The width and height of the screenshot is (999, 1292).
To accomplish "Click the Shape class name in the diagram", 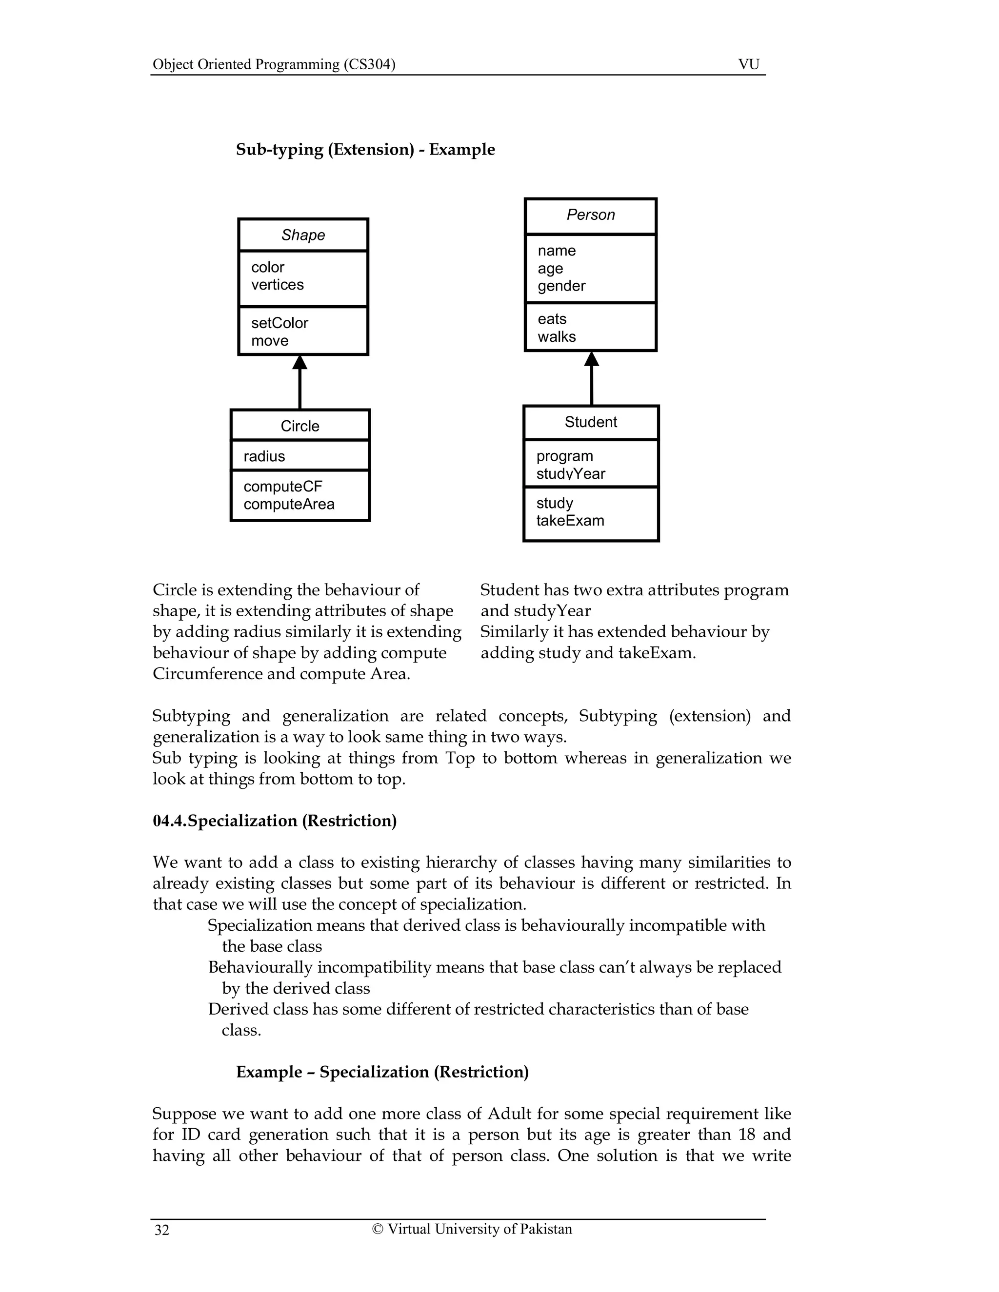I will coord(303,235).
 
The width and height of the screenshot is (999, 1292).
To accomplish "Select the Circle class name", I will coord(300,426).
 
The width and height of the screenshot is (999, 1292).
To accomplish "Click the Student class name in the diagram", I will coord(591,422).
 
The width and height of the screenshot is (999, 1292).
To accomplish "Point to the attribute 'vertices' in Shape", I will coord(277,285).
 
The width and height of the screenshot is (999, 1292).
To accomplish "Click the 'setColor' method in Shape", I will coord(280,323).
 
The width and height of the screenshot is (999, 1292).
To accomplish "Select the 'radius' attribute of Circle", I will coord(264,456).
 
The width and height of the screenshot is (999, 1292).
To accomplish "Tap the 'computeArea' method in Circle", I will coord(289,504).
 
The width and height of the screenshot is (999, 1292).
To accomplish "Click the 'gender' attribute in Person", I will coord(561,286).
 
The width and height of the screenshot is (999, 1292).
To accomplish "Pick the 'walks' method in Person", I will coord(556,336).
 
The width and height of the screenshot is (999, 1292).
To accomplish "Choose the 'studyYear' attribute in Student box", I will coord(571,474).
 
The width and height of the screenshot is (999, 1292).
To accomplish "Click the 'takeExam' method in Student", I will coord(570,521).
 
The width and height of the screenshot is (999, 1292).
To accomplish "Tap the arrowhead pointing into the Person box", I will coord(591,358).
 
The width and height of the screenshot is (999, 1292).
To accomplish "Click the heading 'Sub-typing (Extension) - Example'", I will coord(365,149).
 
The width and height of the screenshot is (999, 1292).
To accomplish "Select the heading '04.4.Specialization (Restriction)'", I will coord(275,821).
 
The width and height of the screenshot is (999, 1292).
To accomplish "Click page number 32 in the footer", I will coord(161,1230).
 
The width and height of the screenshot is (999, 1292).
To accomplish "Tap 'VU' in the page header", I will coord(749,64).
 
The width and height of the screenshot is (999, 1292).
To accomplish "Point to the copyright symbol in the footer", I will coord(377,1229).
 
